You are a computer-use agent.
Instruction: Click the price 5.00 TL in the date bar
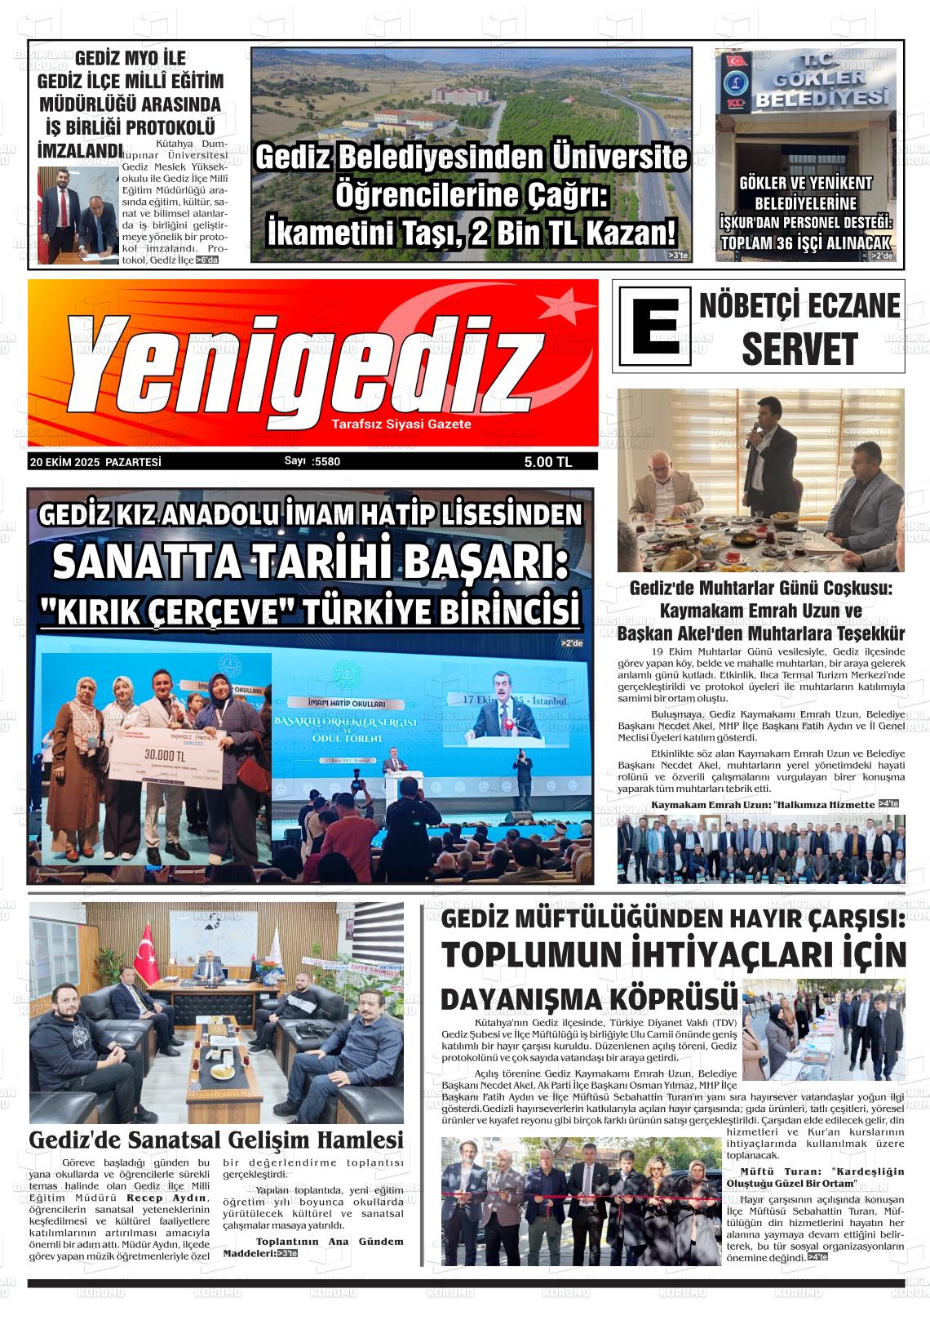(548, 462)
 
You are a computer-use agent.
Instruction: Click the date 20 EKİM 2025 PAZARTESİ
(95, 462)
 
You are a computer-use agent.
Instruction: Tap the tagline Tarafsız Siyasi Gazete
(401, 424)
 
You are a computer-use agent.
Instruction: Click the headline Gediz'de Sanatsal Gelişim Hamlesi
(216, 1139)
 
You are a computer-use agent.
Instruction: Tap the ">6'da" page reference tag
(207, 260)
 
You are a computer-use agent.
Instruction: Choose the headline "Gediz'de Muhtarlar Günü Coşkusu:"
(761, 589)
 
